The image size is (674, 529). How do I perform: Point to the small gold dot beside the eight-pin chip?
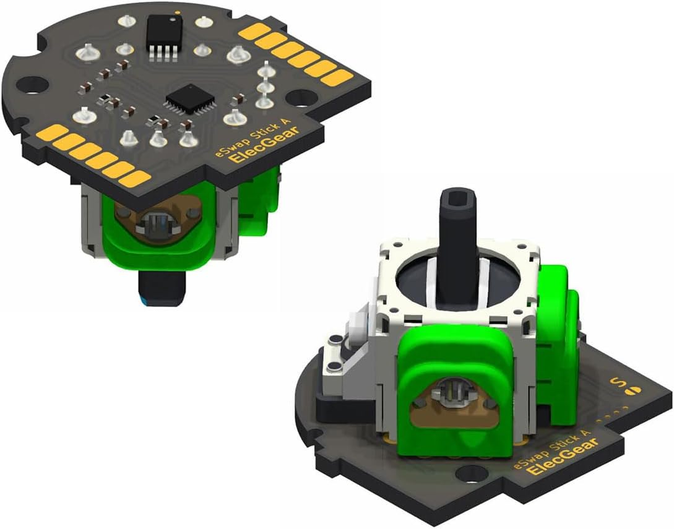(178, 12)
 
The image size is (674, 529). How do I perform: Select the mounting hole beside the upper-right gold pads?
(303, 97)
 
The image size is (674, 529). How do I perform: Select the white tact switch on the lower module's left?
(357, 322)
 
